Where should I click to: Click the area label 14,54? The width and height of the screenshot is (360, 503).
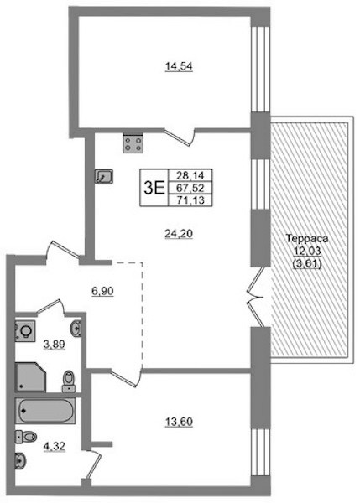(179, 66)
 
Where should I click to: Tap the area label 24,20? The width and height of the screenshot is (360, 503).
(179, 234)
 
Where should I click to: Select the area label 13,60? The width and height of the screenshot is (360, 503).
(179, 423)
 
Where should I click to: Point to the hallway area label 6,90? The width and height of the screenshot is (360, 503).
(102, 292)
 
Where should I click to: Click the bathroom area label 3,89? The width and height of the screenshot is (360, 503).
(55, 345)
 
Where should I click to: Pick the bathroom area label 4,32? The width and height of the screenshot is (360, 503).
(55, 446)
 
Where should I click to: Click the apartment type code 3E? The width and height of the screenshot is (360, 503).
(154, 188)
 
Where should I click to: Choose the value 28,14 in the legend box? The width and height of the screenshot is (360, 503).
(190, 175)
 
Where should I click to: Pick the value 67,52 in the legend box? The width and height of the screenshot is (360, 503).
(190, 188)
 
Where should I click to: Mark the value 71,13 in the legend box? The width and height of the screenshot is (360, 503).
(190, 200)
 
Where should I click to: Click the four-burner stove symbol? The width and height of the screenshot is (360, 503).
(133, 143)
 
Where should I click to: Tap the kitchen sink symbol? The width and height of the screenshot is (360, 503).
(104, 176)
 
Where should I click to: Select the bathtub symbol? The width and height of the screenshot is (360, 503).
(45, 411)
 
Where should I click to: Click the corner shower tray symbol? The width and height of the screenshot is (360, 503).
(30, 377)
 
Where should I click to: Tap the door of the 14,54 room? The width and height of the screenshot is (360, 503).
(180, 137)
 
